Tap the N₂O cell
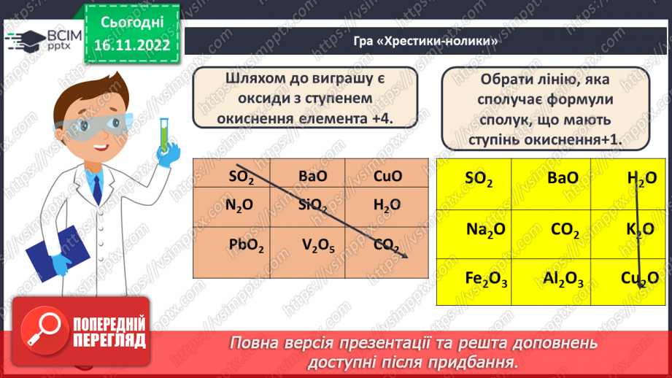(x=239, y=207)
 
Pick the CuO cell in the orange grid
(x=387, y=176)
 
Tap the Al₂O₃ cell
(x=562, y=279)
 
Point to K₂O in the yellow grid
(x=640, y=230)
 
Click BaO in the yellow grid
(x=562, y=178)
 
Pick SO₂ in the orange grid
(x=242, y=177)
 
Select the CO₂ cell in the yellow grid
(x=565, y=231)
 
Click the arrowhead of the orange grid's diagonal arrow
(x=403, y=255)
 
